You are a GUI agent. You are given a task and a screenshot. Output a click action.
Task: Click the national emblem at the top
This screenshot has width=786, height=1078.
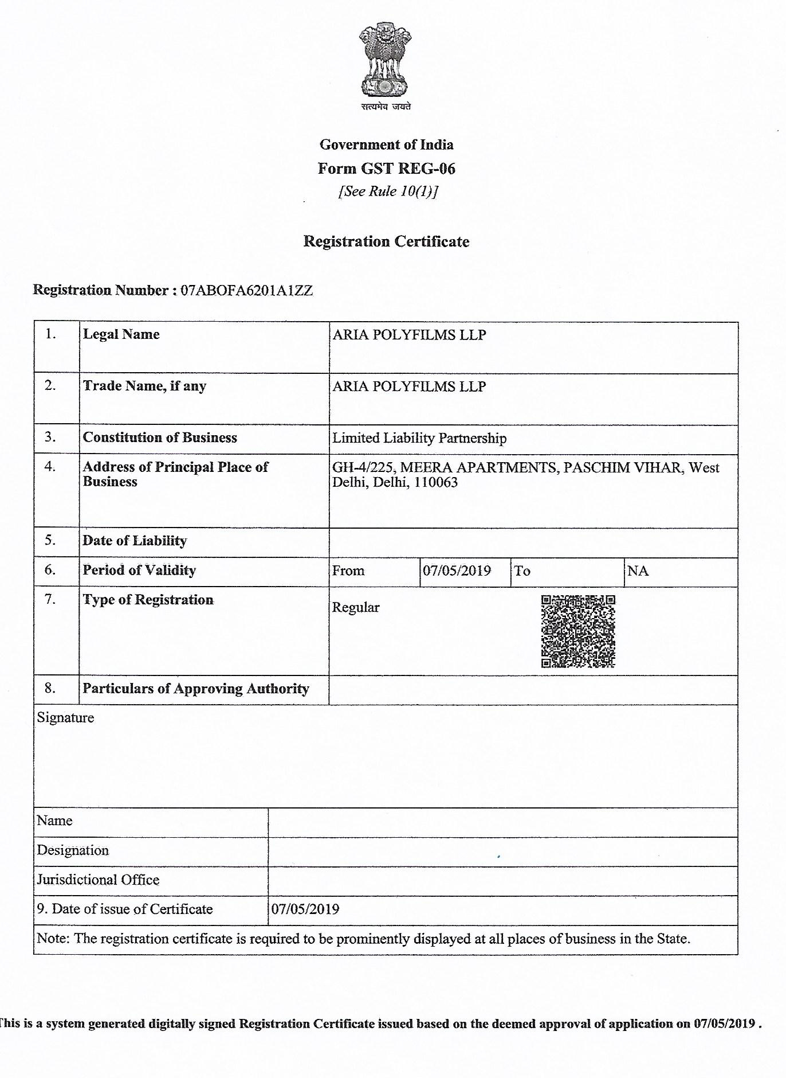coord(385,60)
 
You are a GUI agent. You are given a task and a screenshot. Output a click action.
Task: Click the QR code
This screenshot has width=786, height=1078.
coord(578,631)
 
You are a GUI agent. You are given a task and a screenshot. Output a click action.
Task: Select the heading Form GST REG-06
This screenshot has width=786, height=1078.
coord(387,169)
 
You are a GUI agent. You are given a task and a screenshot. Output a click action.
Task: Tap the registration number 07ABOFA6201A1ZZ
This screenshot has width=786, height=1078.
coord(247,290)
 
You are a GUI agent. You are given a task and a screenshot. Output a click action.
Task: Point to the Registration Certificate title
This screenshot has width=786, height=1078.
coord(386,241)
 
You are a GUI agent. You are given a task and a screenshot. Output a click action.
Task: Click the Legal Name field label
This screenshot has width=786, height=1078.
coord(121,334)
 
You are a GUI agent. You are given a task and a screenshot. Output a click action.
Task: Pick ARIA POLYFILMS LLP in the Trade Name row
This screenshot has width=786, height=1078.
coord(409,386)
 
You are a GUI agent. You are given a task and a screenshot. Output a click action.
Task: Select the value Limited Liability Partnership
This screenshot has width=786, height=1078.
coord(419,439)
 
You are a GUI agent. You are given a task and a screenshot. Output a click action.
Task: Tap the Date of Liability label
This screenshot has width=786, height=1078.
coord(135,541)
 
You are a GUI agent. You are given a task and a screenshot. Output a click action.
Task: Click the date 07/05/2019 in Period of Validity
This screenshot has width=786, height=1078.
coord(457,571)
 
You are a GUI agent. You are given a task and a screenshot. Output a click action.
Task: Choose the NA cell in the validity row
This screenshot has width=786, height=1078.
coord(638,571)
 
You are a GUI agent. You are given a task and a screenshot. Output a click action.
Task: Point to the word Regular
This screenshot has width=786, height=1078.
coord(356,608)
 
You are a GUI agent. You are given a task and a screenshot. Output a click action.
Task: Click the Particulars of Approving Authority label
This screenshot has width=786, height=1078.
coord(196,689)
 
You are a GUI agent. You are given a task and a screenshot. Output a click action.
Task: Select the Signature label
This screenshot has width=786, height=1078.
coord(65,718)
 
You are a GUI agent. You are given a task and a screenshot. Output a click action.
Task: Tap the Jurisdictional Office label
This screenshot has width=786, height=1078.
coord(98,880)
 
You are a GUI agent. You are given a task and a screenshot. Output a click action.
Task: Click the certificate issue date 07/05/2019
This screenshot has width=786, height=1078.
coord(305,909)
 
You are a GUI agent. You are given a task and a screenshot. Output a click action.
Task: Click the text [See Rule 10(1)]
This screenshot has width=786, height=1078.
coord(388,192)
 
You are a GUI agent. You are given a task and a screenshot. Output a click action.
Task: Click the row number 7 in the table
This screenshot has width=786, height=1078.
coord(50,600)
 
